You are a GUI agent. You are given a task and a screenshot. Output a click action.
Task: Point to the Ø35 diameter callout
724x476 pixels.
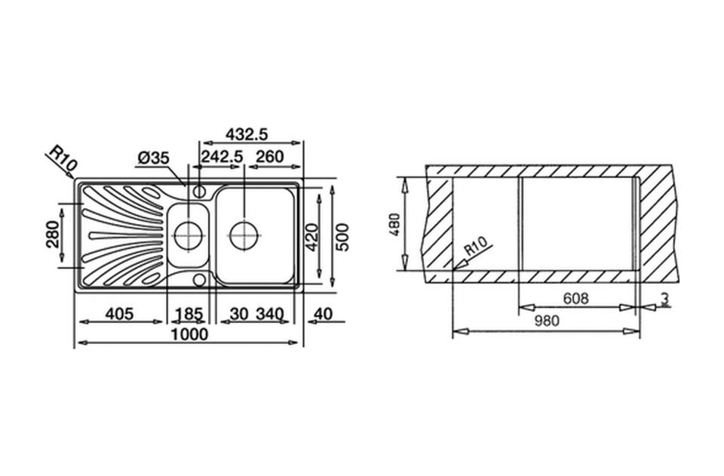pos(154,158)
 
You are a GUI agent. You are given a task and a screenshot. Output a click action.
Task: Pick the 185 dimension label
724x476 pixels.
pos(189,313)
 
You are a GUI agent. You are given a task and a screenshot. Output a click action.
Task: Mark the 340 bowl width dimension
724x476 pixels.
pos(270,313)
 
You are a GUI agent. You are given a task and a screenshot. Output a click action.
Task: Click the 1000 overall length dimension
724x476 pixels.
pos(189,334)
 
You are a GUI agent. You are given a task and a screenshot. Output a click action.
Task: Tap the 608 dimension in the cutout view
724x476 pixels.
pos(575,299)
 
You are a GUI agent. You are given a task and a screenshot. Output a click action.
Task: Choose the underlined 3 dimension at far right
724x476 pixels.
pos(664,299)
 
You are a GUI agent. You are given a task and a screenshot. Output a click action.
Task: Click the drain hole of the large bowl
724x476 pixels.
pos(244,235)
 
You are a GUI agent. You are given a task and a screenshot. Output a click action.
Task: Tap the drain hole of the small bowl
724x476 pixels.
pos(186,235)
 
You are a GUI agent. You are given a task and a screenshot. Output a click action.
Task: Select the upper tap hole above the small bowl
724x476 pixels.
pos(199,191)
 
